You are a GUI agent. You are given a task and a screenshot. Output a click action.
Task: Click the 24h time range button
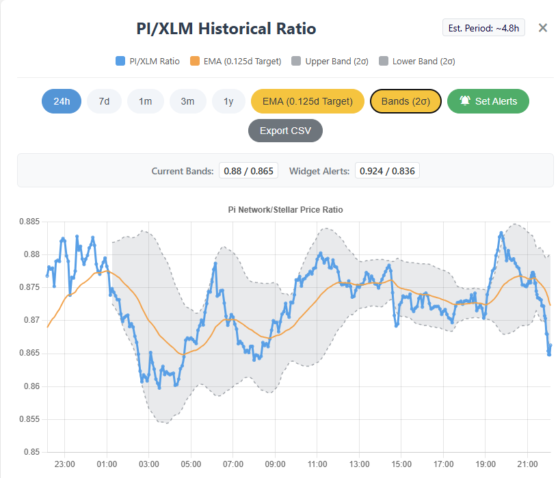pos(62,101)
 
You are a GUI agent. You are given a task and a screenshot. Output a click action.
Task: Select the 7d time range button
pos(104,101)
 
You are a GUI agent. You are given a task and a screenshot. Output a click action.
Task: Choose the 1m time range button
pos(145,101)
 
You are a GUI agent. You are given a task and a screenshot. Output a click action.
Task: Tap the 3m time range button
pos(187,101)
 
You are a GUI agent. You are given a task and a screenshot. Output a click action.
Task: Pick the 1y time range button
pos(228,101)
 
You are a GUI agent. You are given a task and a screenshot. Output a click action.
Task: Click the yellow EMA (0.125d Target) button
pos(307,101)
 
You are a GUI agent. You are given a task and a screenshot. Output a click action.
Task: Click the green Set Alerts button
pos(488,101)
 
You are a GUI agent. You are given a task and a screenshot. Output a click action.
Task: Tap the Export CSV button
pos(284,130)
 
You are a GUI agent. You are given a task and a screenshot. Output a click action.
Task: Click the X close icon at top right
pos(542,28)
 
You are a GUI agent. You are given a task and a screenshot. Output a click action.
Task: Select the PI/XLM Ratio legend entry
pos(148,61)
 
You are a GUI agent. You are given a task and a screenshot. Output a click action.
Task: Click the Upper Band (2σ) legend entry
pos(330,61)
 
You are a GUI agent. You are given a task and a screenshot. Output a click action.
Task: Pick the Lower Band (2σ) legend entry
pos(417,61)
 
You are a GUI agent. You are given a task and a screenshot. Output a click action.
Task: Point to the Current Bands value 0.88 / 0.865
pos(248,170)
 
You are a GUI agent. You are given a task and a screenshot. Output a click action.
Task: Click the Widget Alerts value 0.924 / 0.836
pos(386,170)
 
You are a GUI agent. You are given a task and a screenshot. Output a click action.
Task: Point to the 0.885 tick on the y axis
pos(28,222)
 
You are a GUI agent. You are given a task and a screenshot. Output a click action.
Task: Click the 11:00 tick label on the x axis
pos(317,464)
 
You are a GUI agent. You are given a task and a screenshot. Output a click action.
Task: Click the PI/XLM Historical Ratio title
pos(226,29)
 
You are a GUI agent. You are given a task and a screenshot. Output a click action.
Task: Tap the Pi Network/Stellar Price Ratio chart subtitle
pos(285,210)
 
